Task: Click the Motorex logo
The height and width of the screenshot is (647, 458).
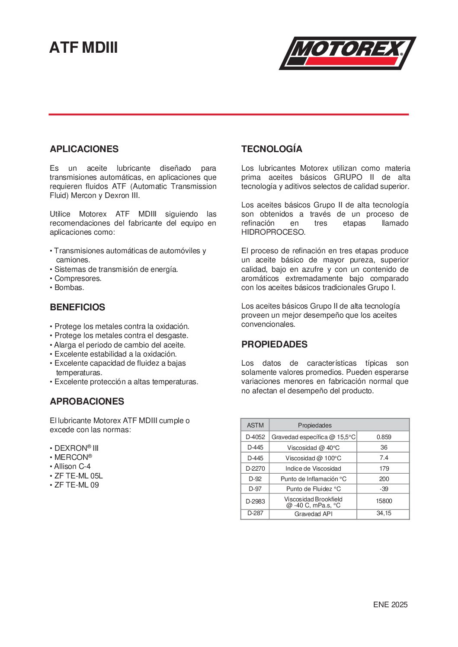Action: pyautogui.click(x=347, y=53)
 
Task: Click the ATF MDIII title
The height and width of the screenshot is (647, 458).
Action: pyautogui.click(x=83, y=48)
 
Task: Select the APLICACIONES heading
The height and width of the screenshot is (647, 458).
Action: pyautogui.click(x=84, y=149)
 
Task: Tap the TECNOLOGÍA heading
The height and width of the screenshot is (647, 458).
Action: pyautogui.click(x=272, y=149)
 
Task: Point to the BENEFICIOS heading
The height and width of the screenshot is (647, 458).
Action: pyautogui.click(x=77, y=307)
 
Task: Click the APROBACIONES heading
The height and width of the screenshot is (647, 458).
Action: pyautogui.click(x=87, y=402)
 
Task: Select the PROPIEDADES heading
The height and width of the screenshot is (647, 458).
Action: pyautogui.click(x=274, y=344)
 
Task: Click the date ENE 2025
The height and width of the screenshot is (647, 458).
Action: pyautogui.click(x=390, y=605)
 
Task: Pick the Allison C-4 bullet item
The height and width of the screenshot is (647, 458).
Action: pyautogui.click(x=72, y=466)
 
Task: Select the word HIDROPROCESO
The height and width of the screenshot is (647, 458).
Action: pyautogui.click(x=273, y=232)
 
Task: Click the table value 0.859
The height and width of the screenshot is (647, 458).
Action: pyautogui.click(x=384, y=437)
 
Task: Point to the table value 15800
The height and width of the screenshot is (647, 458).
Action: pyautogui.click(x=384, y=501)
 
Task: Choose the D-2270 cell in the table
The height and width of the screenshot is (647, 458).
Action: pyautogui.click(x=255, y=469)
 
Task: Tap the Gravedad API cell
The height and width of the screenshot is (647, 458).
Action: pyautogui.click(x=313, y=514)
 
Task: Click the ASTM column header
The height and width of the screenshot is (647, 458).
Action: pyautogui.click(x=255, y=425)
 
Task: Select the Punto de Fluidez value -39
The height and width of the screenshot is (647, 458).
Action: pyautogui.click(x=384, y=489)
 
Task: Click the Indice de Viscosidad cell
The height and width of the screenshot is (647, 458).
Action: pyautogui.click(x=313, y=469)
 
